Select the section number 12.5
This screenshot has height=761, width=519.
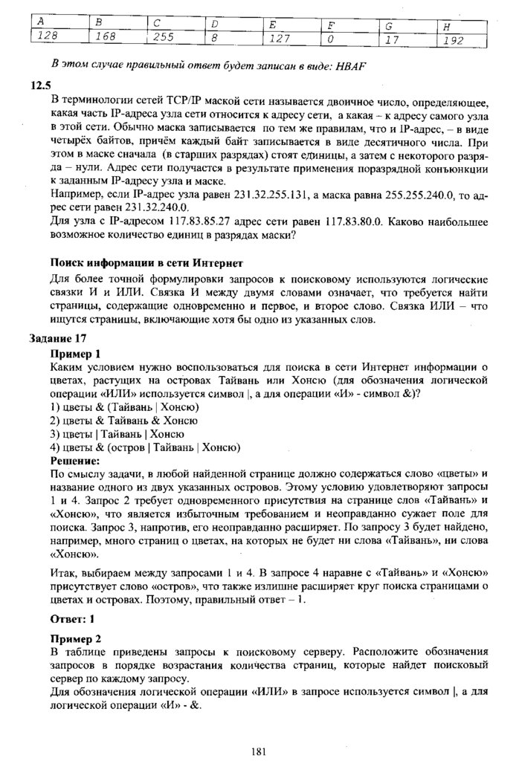pyautogui.click(x=39, y=85)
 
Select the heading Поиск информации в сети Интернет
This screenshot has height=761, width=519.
pyautogui.click(x=146, y=263)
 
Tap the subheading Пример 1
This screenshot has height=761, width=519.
pyautogui.click(x=75, y=354)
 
